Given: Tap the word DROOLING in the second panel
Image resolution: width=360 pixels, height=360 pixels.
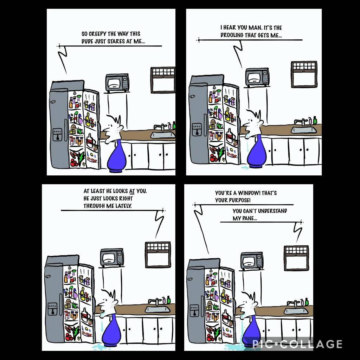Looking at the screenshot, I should click(x=233, y=35).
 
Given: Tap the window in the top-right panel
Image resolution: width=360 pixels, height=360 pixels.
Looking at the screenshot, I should click(x=304, y=74).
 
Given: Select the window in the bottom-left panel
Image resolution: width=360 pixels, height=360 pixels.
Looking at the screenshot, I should click(x=158, y=255).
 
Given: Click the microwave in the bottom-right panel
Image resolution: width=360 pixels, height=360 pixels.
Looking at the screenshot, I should click(x=252, y=261).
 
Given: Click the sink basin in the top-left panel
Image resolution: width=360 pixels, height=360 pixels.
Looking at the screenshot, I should click(x=163, y=135).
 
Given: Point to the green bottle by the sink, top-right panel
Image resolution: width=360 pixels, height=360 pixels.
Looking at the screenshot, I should click(x=315, y=120).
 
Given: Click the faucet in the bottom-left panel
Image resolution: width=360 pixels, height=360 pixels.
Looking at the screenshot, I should click(x=154, y=302).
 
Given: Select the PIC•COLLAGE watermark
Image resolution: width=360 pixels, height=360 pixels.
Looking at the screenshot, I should click(x=297, y=343).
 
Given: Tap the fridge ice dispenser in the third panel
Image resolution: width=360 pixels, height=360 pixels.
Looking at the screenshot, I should click(x=52, y=309).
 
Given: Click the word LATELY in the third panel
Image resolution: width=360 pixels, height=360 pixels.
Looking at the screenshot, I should click(x=122, y=206).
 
